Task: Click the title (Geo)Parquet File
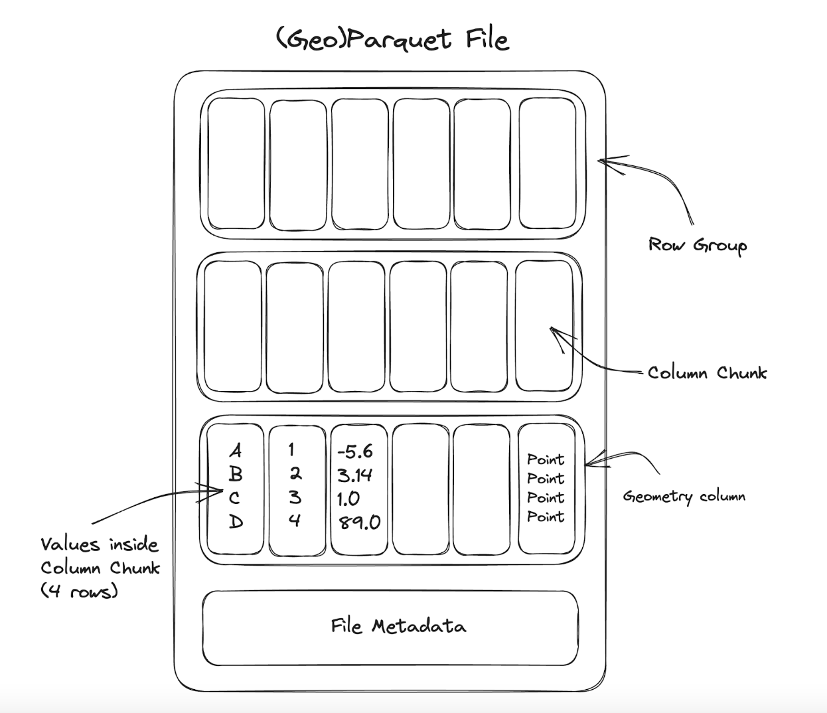tap(392, 39)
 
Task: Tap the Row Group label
tap(697, 245)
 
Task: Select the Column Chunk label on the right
tap(707, 372)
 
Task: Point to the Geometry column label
tap(684, 497)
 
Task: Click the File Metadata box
tap(398, 626)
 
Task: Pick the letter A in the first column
tap(236, 451)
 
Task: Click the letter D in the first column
tap(236, 522)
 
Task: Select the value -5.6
tap(355, 452)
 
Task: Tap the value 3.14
tap(354, 475)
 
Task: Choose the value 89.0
tap(359, 522)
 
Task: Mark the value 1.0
tap(348, 499)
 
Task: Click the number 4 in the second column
tap(295, 520)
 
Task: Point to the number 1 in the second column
tap(291, 450)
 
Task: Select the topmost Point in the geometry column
tap(546, 459)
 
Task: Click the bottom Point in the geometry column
tap(546, 516)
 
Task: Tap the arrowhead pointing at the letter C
tap(219, 492)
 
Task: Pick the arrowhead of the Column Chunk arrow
tap(555, 331)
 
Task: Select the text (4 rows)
tap(79, 591)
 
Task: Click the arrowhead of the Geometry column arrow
tap(589, 459)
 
